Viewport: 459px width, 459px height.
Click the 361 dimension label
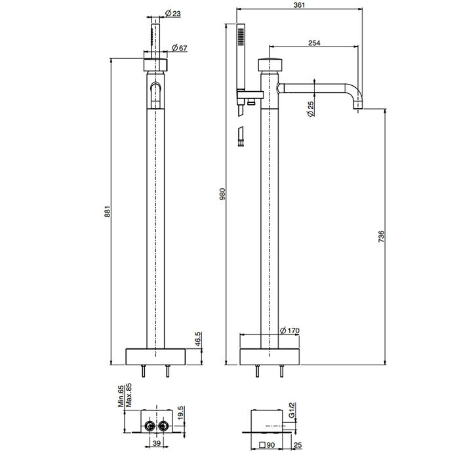[x=299, y=5]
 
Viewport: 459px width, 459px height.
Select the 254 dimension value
[x=314, y=43]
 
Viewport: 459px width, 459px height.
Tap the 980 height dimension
[x=222, y=194]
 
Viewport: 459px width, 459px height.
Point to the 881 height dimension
[x=108, y=211]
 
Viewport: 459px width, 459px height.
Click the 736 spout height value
[x=381, y=236]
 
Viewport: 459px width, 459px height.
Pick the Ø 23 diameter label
[x=172, y=14]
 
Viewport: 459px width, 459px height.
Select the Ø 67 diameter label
[x=179, y=48]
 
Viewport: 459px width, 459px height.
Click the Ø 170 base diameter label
[x=290, y=330]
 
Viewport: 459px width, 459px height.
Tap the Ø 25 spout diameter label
[x=311, y=109]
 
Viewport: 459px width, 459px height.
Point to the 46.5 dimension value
[x=198, y=339]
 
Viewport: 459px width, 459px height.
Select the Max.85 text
[x=129, y=395]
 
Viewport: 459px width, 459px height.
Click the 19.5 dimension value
[x=180, y=412]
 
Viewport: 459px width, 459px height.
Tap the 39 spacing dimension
[x=157, y=443]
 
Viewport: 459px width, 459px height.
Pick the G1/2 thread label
[x=291, y=410]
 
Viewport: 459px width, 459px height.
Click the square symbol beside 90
[x=263, y=445]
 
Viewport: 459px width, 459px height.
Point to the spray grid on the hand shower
[x=241, y=37]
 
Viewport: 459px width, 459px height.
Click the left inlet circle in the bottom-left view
[x=150, y=426]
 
